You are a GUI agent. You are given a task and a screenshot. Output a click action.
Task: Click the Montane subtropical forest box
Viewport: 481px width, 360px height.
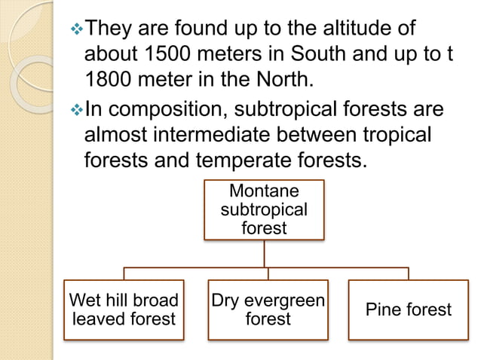pos(264,209)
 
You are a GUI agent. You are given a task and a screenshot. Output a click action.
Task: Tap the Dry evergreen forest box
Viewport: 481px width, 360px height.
pos(268,309)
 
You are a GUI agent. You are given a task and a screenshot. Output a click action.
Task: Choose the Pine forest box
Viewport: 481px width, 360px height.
pos(408,309)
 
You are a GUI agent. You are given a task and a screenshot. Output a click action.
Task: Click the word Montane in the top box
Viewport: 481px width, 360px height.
pos(264,191)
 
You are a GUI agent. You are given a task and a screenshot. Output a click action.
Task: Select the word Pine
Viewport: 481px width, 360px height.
pos(382,309)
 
